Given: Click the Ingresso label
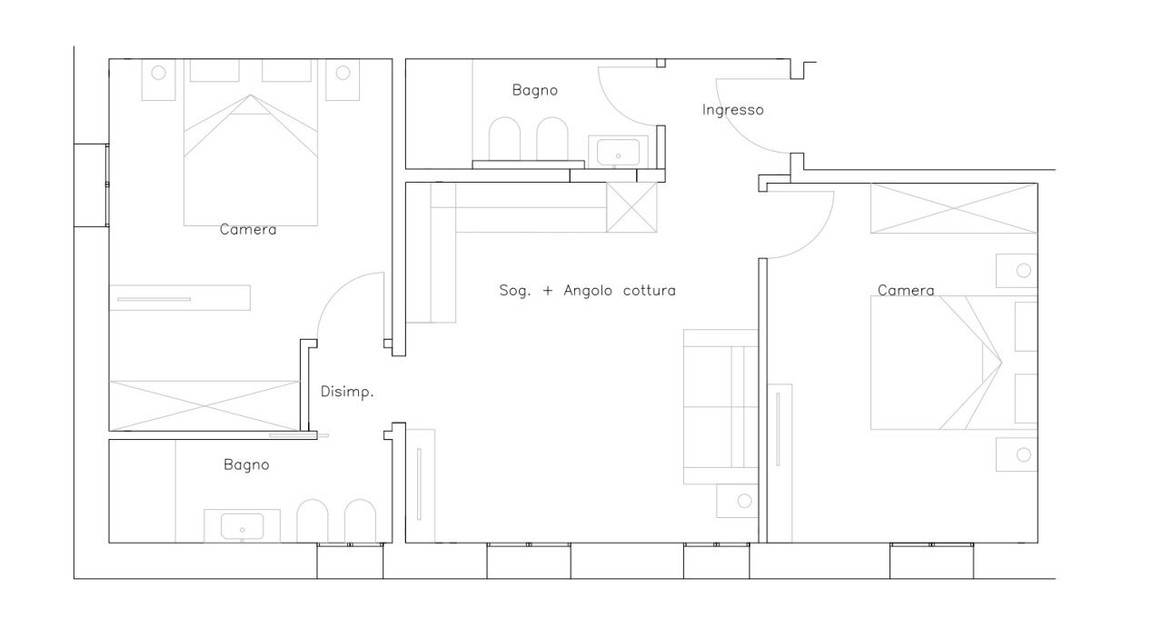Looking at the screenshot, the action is coord(732,110).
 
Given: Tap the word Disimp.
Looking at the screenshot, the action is coord(347,392).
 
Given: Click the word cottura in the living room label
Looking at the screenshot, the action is coord(649,291).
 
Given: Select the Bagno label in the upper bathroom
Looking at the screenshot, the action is coord(535,90).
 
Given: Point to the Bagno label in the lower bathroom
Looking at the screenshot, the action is coord(246,465).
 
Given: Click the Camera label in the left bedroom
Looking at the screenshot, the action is coord(248,230).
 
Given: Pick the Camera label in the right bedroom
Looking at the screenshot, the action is coord(906,291).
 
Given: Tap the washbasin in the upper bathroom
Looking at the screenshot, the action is coord(618,152).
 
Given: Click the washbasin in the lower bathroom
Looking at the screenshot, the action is coord(242,526).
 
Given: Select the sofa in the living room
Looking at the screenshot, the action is coord(721,407).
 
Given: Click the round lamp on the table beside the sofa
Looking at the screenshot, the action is coord(744,501).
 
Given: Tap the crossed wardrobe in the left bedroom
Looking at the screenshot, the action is coord(204,405).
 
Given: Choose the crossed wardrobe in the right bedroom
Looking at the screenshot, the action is coord(954,208).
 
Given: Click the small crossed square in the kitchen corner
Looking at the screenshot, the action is coord(631,207).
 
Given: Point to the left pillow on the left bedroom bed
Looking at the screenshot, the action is coord(214,70).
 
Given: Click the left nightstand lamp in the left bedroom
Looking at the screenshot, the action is coord(158,73).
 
